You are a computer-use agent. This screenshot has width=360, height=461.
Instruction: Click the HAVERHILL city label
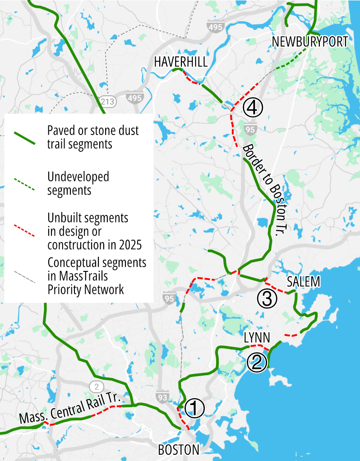pos(181,62)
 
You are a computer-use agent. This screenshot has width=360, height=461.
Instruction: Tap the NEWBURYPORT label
pos(310,42)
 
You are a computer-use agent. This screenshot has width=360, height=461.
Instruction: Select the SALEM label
pos(303,282)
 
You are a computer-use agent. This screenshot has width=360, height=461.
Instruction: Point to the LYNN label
pos(257,338)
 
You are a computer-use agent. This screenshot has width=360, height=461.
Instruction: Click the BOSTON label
pos(178,450)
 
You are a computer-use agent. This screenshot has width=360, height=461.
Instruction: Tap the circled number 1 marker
pos(195,408)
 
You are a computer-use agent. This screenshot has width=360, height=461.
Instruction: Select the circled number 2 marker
pos(256,362)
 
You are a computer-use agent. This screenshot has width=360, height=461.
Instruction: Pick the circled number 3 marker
pos(266,298)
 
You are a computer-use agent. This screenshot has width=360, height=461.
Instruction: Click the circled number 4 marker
pos(252,107)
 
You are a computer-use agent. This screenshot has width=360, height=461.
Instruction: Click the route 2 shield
pos(96,386)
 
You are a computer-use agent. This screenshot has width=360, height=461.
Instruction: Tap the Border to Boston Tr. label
pos(265,189)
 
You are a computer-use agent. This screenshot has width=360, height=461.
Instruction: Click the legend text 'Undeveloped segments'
pos(78,183)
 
